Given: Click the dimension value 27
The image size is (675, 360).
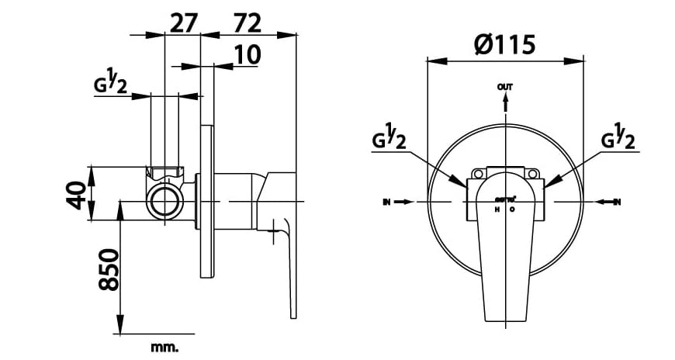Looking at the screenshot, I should pos(183,23).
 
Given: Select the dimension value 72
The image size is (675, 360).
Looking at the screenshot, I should pos(247,23).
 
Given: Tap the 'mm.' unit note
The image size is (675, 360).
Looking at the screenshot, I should pos(165,347).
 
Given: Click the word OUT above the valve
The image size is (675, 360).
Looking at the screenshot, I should pos(505,88).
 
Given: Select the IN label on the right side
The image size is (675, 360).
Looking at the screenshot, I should pos(618,202).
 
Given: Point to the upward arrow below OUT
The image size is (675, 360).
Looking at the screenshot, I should pos(505,105).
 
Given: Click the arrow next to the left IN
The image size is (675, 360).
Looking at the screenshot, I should pos(405,202).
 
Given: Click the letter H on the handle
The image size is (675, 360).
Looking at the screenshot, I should pos(497,209).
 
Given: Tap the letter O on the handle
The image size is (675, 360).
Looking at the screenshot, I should pos(512,209).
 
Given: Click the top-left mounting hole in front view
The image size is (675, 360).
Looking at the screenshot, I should pos(479,174).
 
